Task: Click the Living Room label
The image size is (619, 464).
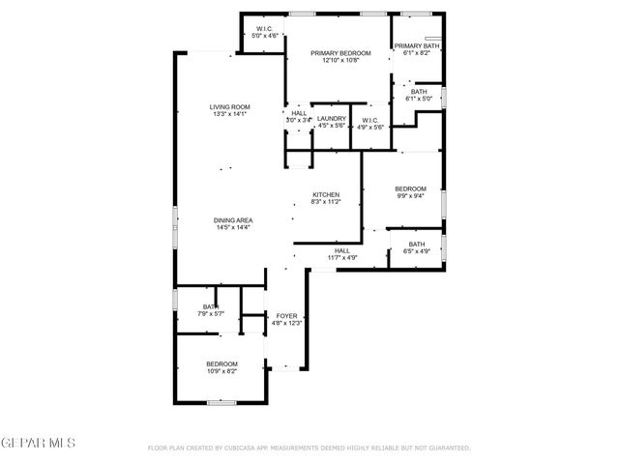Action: point(230,106)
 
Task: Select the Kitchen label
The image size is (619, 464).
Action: point(325,195)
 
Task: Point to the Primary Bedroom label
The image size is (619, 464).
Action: point(335,53)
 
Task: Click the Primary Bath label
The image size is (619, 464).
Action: point(417,45)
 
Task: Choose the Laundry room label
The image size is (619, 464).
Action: point(332,118)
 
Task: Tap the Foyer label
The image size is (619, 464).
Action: point(286,316)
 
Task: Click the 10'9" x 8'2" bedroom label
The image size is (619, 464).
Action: point(221,363)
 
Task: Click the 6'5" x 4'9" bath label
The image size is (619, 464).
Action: point(416,245)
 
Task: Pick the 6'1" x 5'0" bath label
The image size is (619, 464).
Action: point(420,92)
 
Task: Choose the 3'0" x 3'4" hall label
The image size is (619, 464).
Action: point(299,114)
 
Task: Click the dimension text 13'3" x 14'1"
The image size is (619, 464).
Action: point(230,114)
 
